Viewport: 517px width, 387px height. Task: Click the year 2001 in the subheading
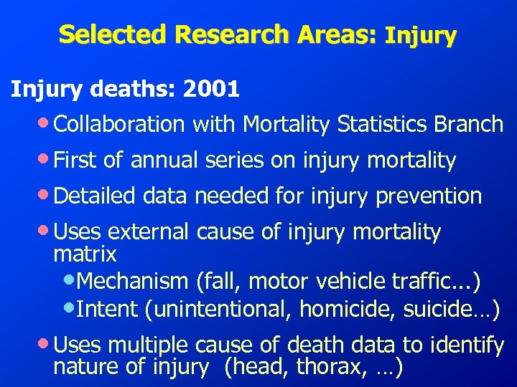click(211, 90)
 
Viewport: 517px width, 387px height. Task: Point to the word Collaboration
click(119, 124)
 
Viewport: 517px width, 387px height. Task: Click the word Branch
click(468, 124)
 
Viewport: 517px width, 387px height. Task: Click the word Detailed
click(93, 196)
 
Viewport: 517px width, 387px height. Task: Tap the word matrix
click(85, 254)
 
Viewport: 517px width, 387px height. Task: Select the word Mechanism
click(126, 281)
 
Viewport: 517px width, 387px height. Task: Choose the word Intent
click(107, 310)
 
